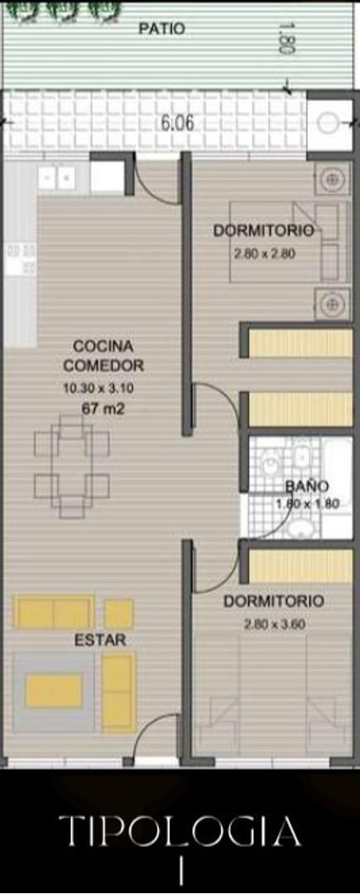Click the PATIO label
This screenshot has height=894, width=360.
tap(161, 28)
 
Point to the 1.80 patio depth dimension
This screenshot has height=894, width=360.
tap(286, 38)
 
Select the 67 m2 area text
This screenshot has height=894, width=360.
tap(103, 409)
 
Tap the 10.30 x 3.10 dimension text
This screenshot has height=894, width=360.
tap(98, 389)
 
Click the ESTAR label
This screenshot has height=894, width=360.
tap(99, 640)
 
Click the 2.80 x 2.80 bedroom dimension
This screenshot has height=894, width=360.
tap(264, 254)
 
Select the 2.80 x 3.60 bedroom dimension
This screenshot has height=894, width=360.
tap(275, 624)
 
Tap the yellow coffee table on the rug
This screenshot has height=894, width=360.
tap(54, 690)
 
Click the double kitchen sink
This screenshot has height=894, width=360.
tap(56, 179)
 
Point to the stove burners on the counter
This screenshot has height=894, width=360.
tap(21, 259)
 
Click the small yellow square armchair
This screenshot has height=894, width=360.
tap(119, 614)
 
